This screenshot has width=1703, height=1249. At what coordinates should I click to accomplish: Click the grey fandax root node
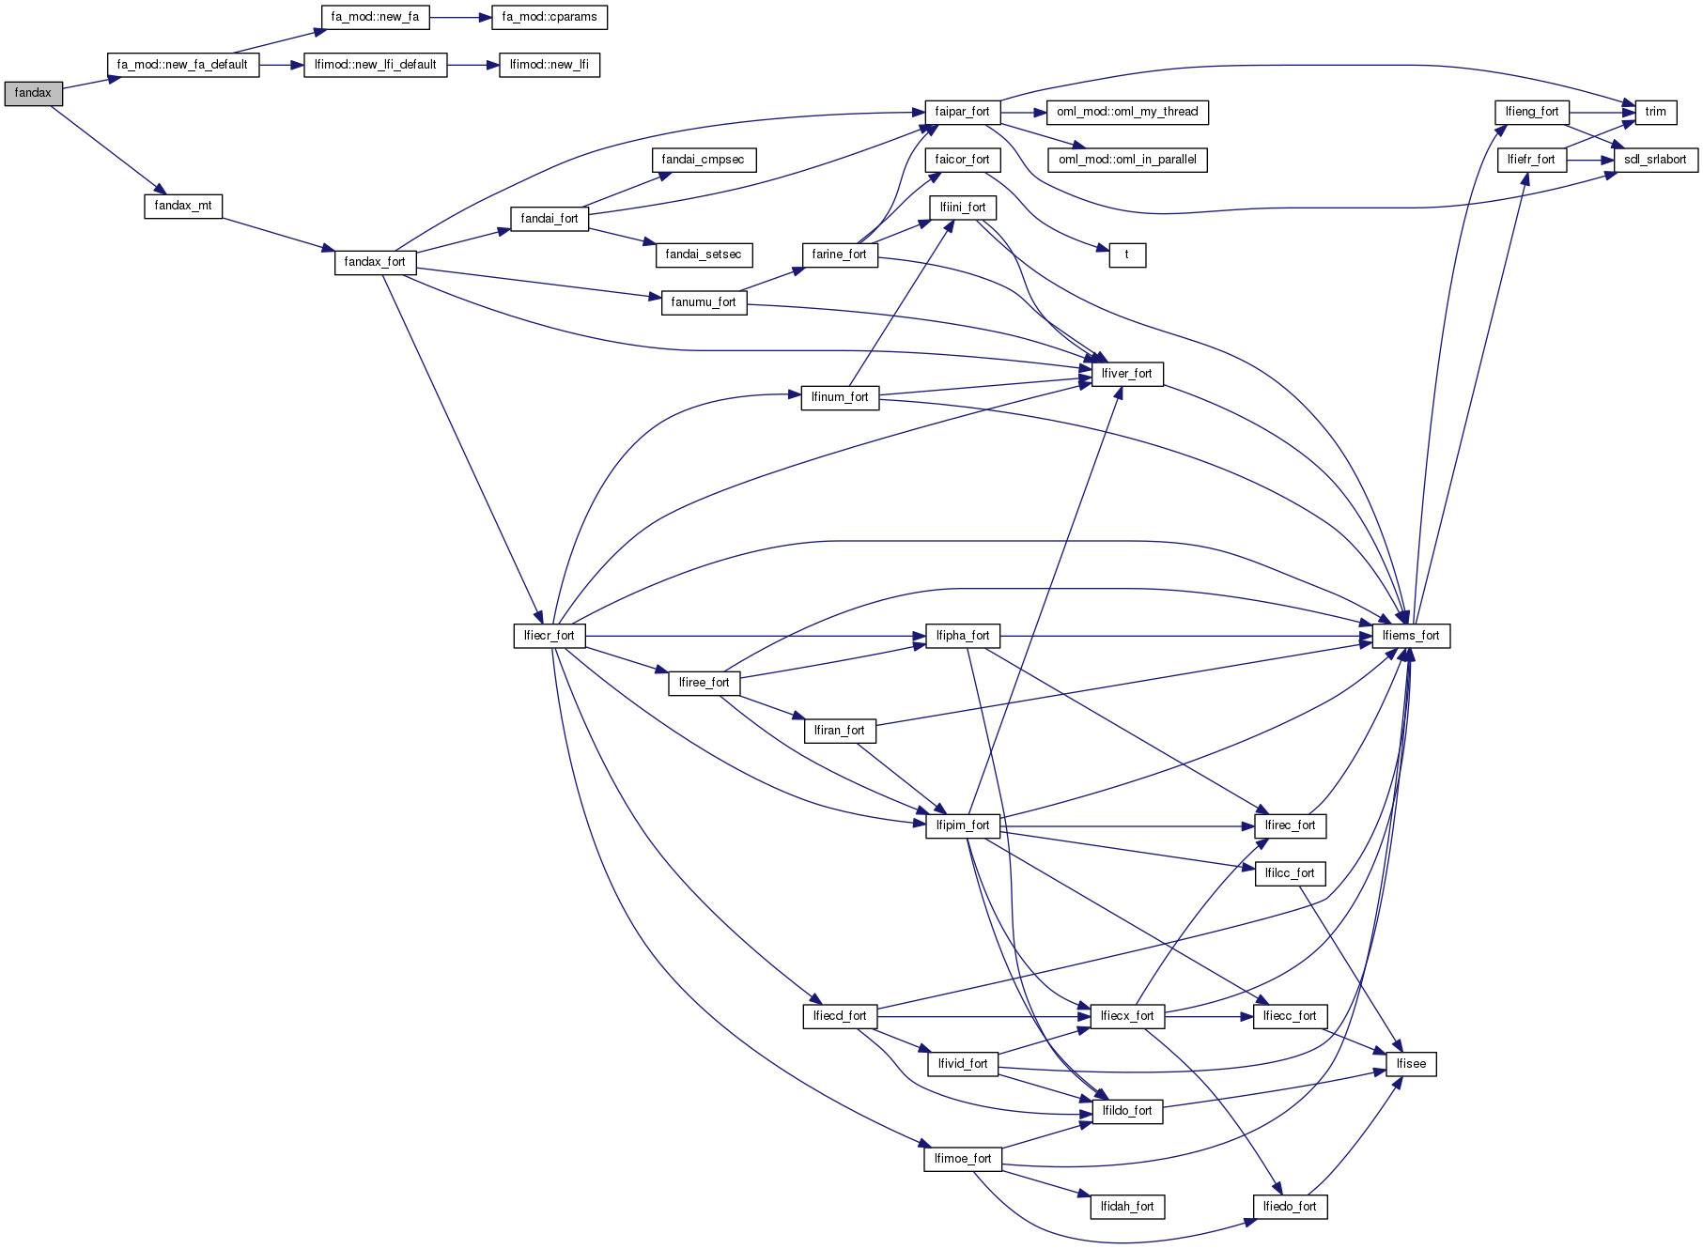click(x=33, y=93)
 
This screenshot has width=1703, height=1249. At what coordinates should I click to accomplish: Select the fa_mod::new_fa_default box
click(x=182, y=65)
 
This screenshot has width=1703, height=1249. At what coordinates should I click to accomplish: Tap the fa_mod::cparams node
click(x=550, y=17)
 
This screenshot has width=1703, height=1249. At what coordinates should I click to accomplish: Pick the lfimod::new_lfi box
click(x=549, y=65)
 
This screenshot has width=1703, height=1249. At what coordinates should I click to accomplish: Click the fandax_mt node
click(x=183, y=206)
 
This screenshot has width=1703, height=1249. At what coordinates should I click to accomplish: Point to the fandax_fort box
click(x=375, y=262)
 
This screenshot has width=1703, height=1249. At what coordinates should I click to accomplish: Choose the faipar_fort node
click(x=962, y=112)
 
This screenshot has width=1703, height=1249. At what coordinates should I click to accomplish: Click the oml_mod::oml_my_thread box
click(x=1127, y=112)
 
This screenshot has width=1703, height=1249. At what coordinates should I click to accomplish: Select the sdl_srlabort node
click(x=1655, y=160)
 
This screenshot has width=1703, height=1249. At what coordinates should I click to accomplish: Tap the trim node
click(x=1655, y=112)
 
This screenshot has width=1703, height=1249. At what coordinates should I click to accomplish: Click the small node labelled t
click(x=1127, y=254)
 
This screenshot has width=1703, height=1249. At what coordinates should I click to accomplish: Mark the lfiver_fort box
click(x=1126, y=374)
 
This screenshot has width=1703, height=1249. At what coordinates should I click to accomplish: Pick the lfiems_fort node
click(x=1411, y=636)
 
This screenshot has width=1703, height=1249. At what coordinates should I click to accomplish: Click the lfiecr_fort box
click(x=550, y=636)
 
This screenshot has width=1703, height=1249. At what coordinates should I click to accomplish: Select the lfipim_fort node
click(x=963, y=825)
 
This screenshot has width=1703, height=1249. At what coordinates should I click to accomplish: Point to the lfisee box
click(x=1411, y=1064)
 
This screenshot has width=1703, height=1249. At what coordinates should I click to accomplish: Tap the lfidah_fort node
click(x=1127, y=1207)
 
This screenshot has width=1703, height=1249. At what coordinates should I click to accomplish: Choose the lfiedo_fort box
click(x=1290, y=1207)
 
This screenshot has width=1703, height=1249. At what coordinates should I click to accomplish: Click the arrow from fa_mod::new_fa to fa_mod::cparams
click(x=460, y=17)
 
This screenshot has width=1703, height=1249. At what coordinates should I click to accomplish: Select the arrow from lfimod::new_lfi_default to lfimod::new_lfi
click(x=472, y=65)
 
